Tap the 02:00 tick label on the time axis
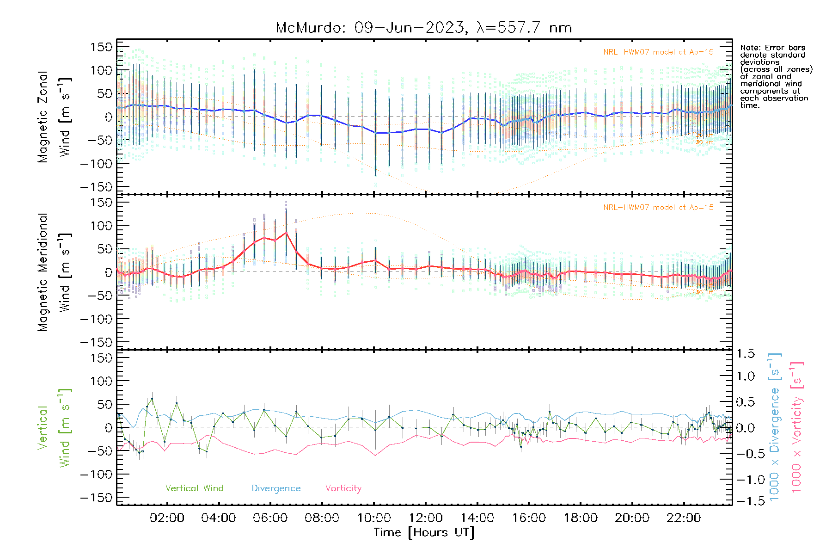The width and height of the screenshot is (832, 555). click(167, 518)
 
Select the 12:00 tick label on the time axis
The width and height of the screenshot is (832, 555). click(425, 518)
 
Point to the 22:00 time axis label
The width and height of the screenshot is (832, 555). click(684, 518)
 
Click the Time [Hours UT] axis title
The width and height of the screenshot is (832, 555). click(424, 532)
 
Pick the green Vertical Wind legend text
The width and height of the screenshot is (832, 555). click(194, 488)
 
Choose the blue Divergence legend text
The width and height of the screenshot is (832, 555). click(276, 488)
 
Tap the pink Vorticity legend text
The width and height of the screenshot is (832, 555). click(343, 488)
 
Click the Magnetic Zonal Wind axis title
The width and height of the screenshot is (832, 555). click(55, 117)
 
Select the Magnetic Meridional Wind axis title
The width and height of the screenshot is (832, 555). click(55, 272)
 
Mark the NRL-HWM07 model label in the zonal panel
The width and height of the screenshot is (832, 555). click(658, 52)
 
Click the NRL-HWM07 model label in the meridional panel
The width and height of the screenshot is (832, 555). click(658, 208)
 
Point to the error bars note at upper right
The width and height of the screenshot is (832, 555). click(776, 76)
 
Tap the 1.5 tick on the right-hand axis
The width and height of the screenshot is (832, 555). click(745, 354)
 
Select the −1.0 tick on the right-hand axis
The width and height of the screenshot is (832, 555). click(745, 480)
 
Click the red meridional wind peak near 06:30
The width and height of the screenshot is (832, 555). click(286, 233)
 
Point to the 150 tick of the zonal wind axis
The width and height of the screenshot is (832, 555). click(101, 47)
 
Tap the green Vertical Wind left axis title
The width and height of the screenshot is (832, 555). click(55, 428)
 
